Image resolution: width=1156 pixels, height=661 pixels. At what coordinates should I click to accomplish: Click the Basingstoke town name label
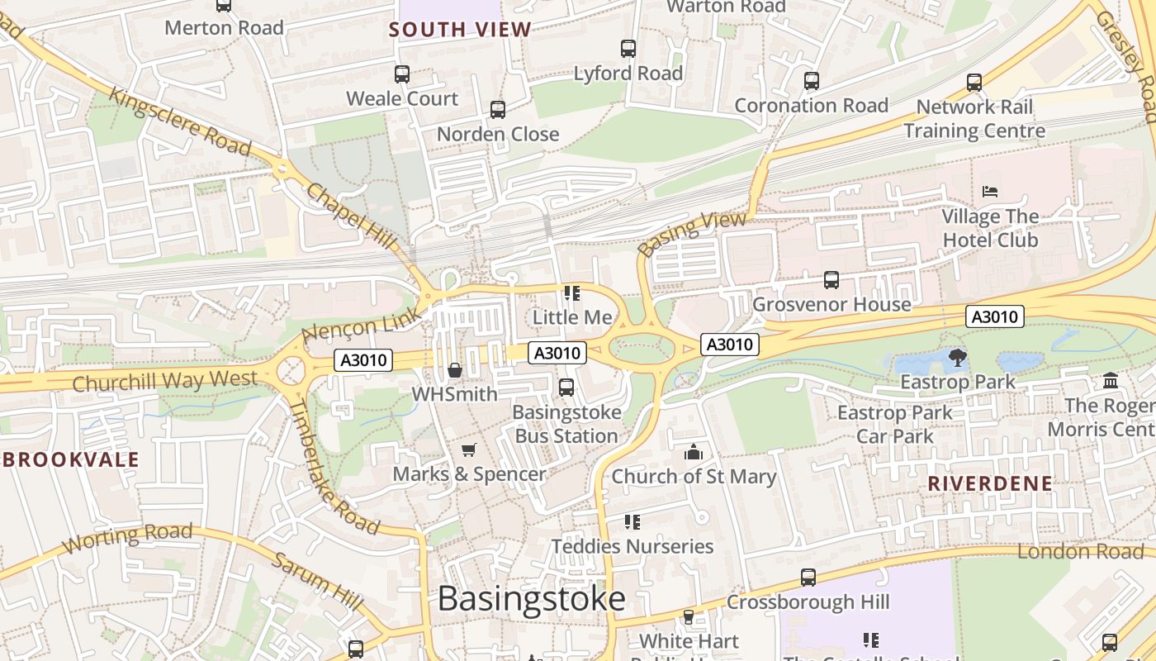[531, 598]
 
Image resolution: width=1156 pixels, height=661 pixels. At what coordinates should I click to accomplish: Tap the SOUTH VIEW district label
[460, 30]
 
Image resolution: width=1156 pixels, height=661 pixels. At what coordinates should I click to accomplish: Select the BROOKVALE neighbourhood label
[70, 460]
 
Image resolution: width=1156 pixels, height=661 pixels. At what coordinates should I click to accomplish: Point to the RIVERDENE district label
[990, 483]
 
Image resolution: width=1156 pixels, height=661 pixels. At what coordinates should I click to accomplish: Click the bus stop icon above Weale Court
[402, 74]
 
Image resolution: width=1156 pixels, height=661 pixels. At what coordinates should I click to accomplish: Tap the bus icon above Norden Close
[498, 110]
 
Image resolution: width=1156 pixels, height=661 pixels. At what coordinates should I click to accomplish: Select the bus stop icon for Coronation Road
[812, 81]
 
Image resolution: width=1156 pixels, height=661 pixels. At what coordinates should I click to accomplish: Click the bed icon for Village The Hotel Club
[990, 192]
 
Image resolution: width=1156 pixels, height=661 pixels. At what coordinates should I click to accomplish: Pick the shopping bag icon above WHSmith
[454, 370]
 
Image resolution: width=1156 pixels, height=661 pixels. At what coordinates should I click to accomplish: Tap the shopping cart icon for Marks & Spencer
[469, 449]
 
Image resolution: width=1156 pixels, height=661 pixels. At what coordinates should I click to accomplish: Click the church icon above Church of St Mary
[694, 452]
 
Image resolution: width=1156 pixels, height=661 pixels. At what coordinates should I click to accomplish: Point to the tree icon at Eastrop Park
[958, 358]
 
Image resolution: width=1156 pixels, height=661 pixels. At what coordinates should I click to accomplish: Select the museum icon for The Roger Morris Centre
[1111, 381]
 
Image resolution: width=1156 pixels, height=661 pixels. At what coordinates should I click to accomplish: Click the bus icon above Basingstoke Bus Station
[566, 387]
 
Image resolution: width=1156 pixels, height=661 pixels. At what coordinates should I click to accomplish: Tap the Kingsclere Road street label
[180, 121]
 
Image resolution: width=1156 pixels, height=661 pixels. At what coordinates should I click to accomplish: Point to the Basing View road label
[693, 233]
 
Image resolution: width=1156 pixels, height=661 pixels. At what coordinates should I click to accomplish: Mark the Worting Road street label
[127, 537]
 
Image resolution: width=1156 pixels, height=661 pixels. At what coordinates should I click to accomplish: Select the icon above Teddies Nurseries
[632, 522]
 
